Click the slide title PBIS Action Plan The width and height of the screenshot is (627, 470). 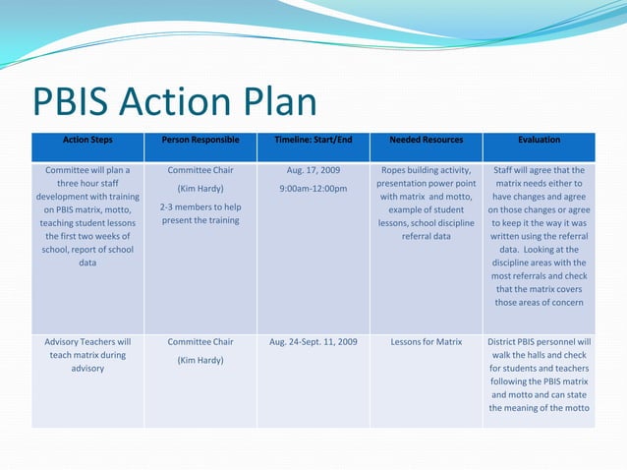pos(175,104)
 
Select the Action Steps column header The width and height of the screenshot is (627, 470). pos(87,140)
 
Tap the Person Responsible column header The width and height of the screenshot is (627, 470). pos(200,140)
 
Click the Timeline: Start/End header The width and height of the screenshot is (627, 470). pos(313,140)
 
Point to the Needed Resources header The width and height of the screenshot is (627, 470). pos(426,140)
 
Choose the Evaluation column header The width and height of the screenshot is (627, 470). pos(540,140)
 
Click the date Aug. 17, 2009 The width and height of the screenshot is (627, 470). pos(313,170)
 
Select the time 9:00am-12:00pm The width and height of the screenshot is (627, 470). pos(313,188)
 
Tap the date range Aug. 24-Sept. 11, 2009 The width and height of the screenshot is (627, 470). pos(313,342)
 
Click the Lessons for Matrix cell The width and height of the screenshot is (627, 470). pos(426,342)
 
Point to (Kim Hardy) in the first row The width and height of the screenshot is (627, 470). pos(200,188)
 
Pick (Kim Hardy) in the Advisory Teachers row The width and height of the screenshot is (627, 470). pos(200,360)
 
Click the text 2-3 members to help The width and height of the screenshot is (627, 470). pos(200,206)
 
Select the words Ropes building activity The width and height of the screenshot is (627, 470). pos(426,170)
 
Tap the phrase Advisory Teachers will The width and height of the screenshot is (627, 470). pos(87,342)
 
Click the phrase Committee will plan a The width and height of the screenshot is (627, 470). pos(87,170)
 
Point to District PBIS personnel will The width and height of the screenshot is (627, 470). pos(540,342)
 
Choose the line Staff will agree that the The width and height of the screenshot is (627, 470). pos(540,170)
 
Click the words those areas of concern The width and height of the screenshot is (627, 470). pos(540,303)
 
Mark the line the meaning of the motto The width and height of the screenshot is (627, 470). pos(540,408)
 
